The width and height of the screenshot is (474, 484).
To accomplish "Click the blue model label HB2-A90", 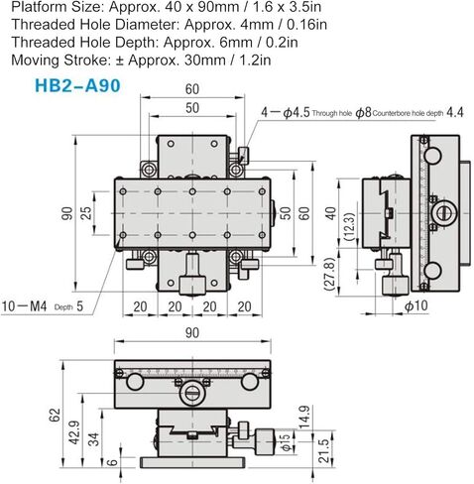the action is pyautogui.click(x=77, y=86).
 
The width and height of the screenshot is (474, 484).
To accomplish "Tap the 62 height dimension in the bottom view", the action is pyautogui.click(x=55, y=415).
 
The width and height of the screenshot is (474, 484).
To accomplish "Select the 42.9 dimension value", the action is pyautogui.click(x=74, y=432).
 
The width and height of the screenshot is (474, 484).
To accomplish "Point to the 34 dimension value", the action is pyautogui.click(x=94, y=439).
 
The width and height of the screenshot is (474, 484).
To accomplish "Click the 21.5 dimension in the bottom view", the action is pyautogui.click(x=324, y=450).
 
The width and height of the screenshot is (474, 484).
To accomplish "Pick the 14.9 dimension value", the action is pyautogui.click(x=304, y=418).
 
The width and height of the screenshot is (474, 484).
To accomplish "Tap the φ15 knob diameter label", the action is pyautogui.click(x=286, y=443).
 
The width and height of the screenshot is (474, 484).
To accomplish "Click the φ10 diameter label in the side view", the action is pyautogui.click(x=415, y=306).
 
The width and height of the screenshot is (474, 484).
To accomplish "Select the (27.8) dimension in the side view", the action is pyautogui.click(x=330, y=274).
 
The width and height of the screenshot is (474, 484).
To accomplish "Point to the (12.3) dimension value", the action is pyautogui.click(x=350, y=226).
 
